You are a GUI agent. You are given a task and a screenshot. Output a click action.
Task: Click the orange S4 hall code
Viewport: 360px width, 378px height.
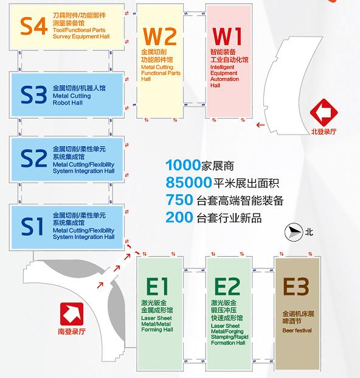33,26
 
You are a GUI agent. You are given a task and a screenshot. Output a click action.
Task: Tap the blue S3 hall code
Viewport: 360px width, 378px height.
33,95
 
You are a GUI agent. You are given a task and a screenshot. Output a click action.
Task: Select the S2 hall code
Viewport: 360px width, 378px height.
33,158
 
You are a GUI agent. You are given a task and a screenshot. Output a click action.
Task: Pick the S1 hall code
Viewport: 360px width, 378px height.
32,226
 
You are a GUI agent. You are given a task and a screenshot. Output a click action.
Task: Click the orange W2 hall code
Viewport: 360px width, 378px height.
160,36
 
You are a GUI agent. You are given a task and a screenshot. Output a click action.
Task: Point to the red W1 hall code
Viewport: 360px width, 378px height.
227,36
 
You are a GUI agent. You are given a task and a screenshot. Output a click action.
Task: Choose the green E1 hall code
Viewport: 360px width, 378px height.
157,286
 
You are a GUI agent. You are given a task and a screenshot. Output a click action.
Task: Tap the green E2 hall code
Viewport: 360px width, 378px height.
227,286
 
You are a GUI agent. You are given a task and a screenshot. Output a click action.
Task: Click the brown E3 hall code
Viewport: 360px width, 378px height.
296,286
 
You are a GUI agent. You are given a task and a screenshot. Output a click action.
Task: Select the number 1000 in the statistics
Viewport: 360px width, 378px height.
183,165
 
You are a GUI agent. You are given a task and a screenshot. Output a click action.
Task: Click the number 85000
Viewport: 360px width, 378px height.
189,183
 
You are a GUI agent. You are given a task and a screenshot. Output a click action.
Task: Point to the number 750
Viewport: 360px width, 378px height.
179,200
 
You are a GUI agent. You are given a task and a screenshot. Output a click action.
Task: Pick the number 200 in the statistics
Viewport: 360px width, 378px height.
179,217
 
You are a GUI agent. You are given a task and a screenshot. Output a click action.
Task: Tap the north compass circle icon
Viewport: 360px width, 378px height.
294,232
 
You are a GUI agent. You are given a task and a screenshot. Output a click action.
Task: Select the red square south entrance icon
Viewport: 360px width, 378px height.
72,314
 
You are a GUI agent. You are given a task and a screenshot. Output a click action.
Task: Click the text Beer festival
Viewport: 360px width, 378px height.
297,331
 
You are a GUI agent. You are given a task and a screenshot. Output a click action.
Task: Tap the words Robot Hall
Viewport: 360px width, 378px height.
67,103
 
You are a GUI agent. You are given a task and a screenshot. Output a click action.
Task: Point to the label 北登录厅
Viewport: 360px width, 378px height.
324,131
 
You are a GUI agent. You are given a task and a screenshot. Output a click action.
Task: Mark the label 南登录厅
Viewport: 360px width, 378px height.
72,332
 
